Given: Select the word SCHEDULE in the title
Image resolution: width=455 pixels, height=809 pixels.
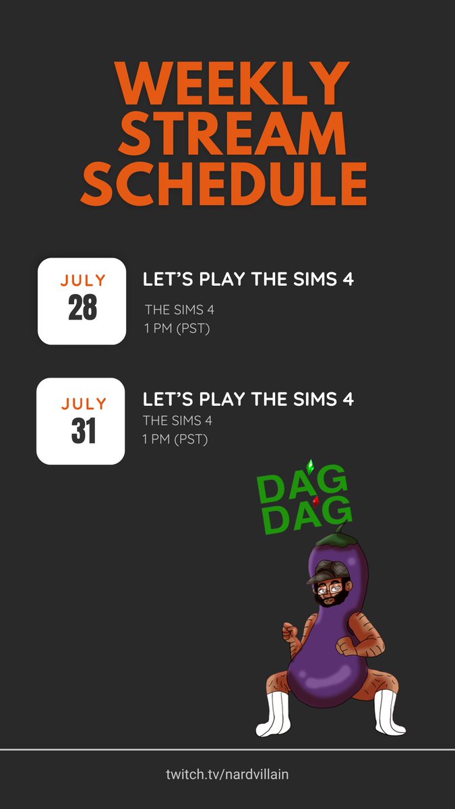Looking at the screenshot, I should (227, 184).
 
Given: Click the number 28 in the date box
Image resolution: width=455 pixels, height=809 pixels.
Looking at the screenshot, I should (82, 309).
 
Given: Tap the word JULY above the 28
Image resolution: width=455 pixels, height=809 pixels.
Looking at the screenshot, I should (82, 280).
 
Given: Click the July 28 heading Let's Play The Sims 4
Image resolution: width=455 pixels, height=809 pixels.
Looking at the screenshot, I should (248, 279).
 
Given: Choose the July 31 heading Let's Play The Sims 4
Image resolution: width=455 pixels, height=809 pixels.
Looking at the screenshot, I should (248, 399).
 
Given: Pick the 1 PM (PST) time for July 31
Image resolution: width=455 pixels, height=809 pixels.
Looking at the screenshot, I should (175, 440).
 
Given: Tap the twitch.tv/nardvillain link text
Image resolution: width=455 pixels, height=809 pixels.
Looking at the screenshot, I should (227, 774).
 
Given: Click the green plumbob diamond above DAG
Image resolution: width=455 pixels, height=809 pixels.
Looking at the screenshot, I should (310, 465).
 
